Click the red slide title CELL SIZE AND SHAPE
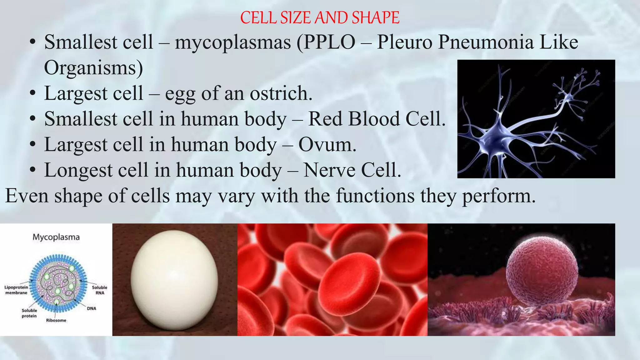point(320,18)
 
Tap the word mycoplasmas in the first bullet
point(232,42)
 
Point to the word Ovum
point(327,145)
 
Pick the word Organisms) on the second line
point(93,68)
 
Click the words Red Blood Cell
point(377,119)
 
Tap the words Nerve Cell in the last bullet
point(352,170)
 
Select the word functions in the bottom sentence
point(375,196)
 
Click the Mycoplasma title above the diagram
point(56,237)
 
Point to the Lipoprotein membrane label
point(16,290)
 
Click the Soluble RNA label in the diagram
point(99,290)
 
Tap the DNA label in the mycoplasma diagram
point(92,308)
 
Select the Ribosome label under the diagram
point(56,320)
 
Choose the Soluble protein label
point(29,313)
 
